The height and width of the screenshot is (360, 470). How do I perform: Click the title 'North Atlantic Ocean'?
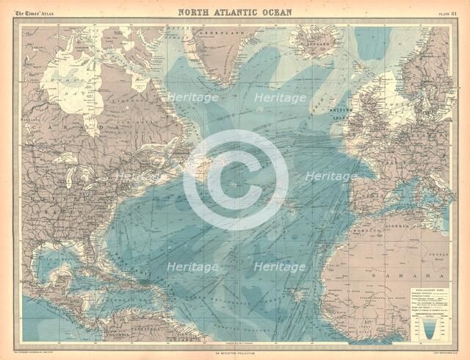point(235,11)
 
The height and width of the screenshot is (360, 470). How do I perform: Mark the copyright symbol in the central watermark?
point(235,181)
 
